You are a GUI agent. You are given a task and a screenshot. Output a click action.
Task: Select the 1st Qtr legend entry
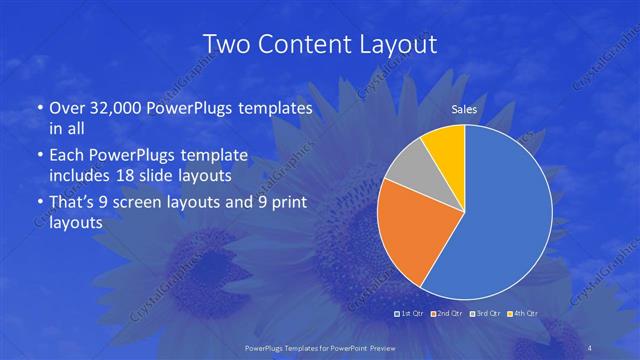(411, 314)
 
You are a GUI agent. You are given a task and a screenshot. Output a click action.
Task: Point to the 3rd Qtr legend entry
(484, 314)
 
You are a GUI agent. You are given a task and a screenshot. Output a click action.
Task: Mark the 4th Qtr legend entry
(521, 314)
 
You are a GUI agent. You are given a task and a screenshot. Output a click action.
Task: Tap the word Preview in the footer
(379, 348)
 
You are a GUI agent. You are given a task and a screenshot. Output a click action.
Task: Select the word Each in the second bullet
(67, 155)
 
